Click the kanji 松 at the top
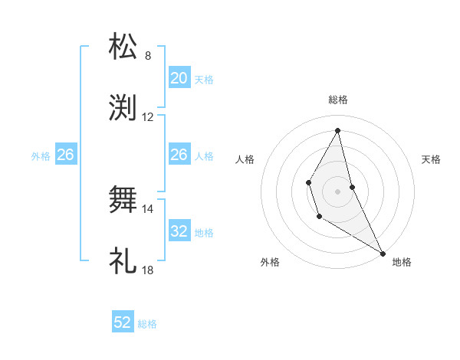(x=123, y=47)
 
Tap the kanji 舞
(x=123, y=201)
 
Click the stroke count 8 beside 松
(x=148, y=56)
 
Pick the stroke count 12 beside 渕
(x=148, y=117)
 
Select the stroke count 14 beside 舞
(x=148, y=208)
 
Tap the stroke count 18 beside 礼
(x=148, y=270)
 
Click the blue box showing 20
(x=179, y=78)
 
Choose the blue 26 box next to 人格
(x=179, y=155)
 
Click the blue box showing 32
(x=179, y=231)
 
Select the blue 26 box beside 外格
(x=65, y=155)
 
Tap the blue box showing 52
(x=123, y=322)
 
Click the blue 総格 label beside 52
(x=147, y=324)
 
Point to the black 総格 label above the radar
(x=338, y=100)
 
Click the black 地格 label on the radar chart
(x=402, y=262)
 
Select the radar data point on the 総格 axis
(x=338, y=129)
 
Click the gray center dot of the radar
(x=338, y=191)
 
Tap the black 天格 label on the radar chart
(x=431, y=159)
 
